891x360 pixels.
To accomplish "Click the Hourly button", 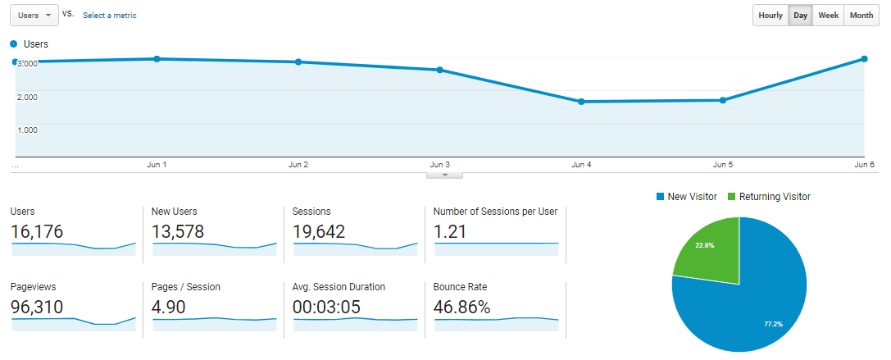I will [x=771, y=16].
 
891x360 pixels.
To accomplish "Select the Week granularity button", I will [x=828, y=16].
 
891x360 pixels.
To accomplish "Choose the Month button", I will [x=861, y=16].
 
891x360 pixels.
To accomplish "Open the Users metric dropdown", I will [x=34, y=16].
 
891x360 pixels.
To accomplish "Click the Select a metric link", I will [x=110, y=16].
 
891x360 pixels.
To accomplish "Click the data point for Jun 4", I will [x=581, y=102].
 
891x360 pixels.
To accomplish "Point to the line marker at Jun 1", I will [x=157, y=59].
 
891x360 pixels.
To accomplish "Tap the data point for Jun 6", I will [x=865, y=59].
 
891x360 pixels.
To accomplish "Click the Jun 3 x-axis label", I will [x=440, y=165].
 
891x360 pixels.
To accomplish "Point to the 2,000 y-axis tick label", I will [x=27, y=97].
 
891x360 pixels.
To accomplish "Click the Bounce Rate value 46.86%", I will [x=462, y=308].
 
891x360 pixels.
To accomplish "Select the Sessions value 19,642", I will [x=319, y=232].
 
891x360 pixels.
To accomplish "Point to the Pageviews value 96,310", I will [x=37, y=308].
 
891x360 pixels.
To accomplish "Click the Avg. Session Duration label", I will [x=339, y=287].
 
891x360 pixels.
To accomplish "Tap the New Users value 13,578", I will [x=178, y=232].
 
